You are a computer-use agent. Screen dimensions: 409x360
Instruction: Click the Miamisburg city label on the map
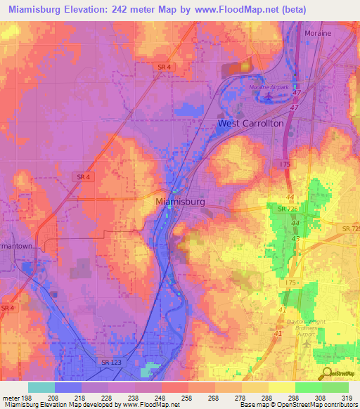[179, 201]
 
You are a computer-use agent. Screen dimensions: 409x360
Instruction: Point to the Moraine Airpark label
[269, 86]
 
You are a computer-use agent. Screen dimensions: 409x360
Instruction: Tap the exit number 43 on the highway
[295, 240]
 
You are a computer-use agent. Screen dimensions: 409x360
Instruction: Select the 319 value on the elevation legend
[348, 398]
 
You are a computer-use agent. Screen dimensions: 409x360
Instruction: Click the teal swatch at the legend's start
[41, 387]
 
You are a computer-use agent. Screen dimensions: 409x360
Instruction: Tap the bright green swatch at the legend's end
[335, 387]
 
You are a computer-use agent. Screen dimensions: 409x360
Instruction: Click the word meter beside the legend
[10, 398]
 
